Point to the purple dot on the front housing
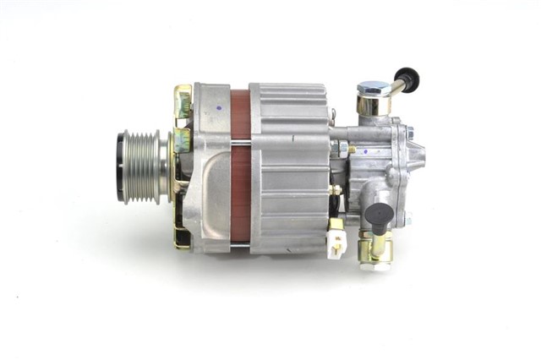tap(220, 107)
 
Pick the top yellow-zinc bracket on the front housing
tap(183, 101)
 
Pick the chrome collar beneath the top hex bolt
tap(371, 105)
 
